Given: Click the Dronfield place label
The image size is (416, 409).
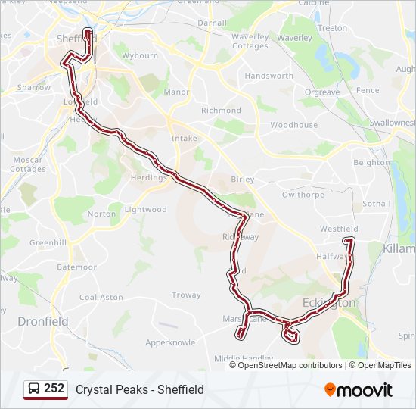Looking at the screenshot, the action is click(x=43, y=321).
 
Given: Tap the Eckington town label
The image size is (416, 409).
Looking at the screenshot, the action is click(x=328, y=303).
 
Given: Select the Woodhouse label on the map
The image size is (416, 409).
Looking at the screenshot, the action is click(x=293, y=125).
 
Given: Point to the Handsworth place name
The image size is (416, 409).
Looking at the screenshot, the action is click(x=269, y=76).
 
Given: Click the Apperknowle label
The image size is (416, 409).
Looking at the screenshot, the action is click(x=170, y=342).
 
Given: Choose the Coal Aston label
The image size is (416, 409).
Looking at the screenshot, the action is click(x=101, y=297).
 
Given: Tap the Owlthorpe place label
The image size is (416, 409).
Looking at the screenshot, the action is click(x=303, y=195).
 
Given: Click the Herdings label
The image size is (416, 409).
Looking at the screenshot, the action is click(x=148, y=178).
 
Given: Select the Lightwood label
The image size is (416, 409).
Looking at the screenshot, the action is click(x=145, y=210).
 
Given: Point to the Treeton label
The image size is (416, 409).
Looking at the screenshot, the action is click(x=332, y=28).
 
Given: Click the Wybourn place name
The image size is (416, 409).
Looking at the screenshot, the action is click(x=141, y=55).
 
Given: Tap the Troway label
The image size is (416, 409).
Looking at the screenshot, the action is click(x=186, y=295).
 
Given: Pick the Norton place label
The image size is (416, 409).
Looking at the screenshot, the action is click(x=102, y=214).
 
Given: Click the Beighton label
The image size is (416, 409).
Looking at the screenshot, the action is click(x=372, y=163).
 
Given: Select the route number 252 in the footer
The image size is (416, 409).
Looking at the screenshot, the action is click(x=54, y=389).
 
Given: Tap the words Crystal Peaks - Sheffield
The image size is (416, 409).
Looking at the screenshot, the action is click(x=140, y=389).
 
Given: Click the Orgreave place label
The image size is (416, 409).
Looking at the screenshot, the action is click(x=321, y=92).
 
